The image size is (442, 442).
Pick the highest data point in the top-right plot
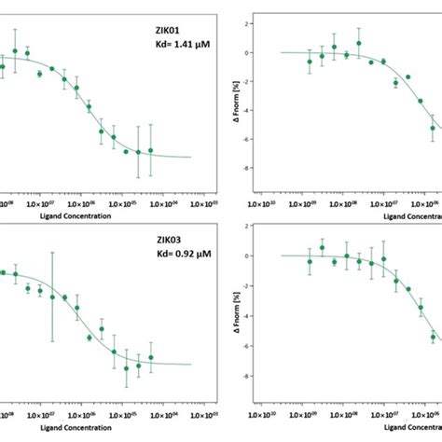(358, 43)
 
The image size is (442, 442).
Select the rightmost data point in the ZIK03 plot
(150, 357)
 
